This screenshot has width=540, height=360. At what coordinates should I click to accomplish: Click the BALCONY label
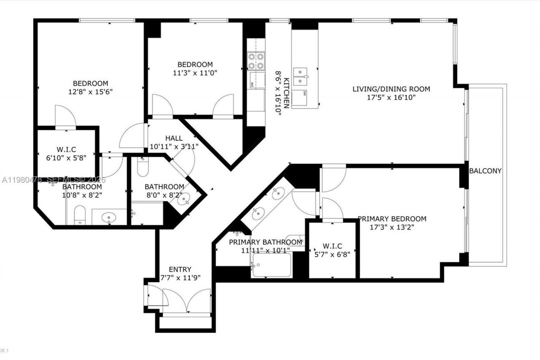click(485, 171)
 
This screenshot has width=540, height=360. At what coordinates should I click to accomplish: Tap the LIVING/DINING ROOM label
click(391, 89)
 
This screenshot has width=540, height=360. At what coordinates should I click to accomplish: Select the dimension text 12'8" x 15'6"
click(90, 92)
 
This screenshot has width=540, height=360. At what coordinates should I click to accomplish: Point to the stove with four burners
click(256, 60)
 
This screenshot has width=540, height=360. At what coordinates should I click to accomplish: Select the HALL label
click(174, 138)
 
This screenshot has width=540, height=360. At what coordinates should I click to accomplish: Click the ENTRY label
click(180, 269)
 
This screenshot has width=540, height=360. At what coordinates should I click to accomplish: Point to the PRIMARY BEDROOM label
click(392, 219)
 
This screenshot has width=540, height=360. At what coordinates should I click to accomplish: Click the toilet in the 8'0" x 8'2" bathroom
click(142, 167)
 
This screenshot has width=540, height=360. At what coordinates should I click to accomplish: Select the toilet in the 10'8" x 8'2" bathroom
click(79, 215)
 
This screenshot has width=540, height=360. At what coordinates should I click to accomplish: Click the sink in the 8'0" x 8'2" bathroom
click(184, 200)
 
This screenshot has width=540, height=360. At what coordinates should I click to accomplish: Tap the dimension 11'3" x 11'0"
click(195, 73)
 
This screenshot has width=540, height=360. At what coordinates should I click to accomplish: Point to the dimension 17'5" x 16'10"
click(391, 97)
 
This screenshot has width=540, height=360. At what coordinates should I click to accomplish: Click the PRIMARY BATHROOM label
click(265, 242)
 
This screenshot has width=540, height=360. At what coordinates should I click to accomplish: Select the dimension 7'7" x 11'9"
click(180, 278)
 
